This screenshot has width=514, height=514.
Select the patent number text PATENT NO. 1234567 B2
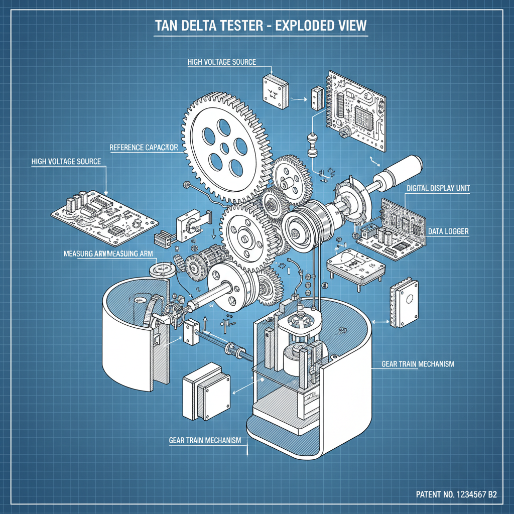tap(456, 494)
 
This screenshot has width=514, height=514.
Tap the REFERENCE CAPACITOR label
tap(144, 148)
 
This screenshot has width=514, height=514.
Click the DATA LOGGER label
tap(448, 231)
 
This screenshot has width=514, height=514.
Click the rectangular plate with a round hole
tap(405, 302)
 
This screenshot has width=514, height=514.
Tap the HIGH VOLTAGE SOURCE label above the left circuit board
tap(66, 162)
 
